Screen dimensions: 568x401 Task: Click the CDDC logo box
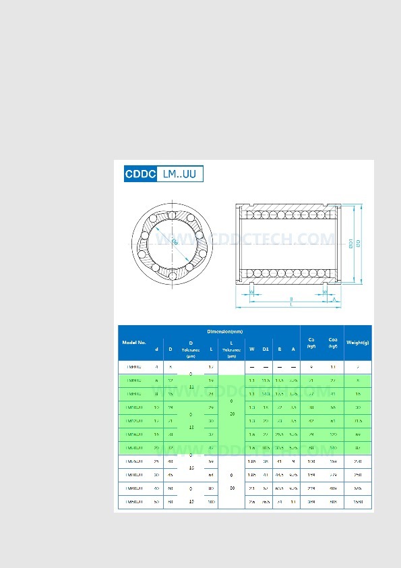[x=140, y=174]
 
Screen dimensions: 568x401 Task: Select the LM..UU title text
[x=179, y=174]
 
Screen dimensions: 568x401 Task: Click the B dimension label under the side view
[x=290, y=299]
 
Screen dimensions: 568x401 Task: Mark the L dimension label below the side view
[x=290, y=305]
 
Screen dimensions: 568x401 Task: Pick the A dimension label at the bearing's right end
[x=334, y=299]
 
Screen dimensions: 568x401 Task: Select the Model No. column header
[x=134, y=342]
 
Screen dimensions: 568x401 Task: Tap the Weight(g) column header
[x=358, y=342]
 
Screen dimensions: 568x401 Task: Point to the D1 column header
[x=266, y=349]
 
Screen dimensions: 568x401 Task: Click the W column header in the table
[x=252, y=349]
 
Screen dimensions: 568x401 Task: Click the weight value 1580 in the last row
[x=358, y=501]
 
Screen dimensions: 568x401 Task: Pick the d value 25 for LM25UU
[x=157, y=461]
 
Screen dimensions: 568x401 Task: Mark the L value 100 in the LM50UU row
[x=211, y=501]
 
